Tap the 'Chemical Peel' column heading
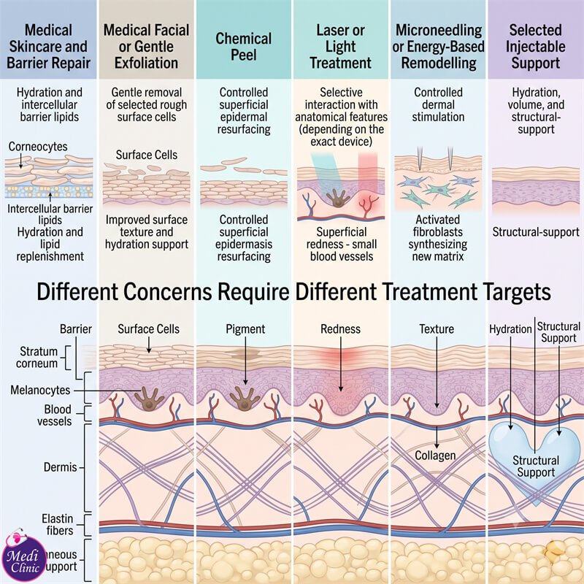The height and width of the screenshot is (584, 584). coord(244,47)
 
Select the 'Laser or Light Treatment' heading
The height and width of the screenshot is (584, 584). coord(340,47)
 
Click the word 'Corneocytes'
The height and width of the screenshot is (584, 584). coord(38,147)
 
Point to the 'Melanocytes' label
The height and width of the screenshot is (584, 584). coord(40,390)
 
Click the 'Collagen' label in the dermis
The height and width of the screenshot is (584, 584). coord(435,456)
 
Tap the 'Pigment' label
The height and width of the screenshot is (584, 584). coord(245,329)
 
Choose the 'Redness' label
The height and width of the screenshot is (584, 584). coord(340,329)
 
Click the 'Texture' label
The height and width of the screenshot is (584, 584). coord(437,329)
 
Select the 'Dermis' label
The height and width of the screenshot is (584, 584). coord(61,467)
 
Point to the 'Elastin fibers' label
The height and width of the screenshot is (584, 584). coord(58,524)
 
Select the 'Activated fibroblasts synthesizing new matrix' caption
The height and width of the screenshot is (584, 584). coord(438,238)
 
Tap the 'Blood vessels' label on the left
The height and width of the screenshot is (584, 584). coord(54,415)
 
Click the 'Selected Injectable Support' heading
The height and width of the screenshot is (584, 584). coord(536,47)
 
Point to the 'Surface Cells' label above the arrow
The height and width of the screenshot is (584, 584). coord(149,329)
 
